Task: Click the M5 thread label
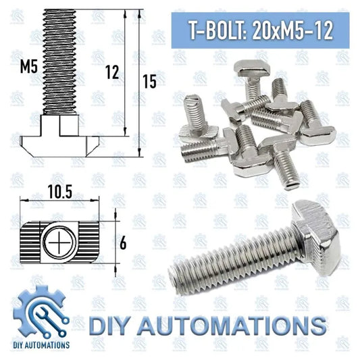pyautogui.click(x=27, y=66)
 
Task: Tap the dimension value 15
pyautogui.click(x=150, y=81)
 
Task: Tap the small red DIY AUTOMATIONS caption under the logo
pyautogui.click(x=41, y=344)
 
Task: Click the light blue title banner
pyautogui.click(x=257, y=30)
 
